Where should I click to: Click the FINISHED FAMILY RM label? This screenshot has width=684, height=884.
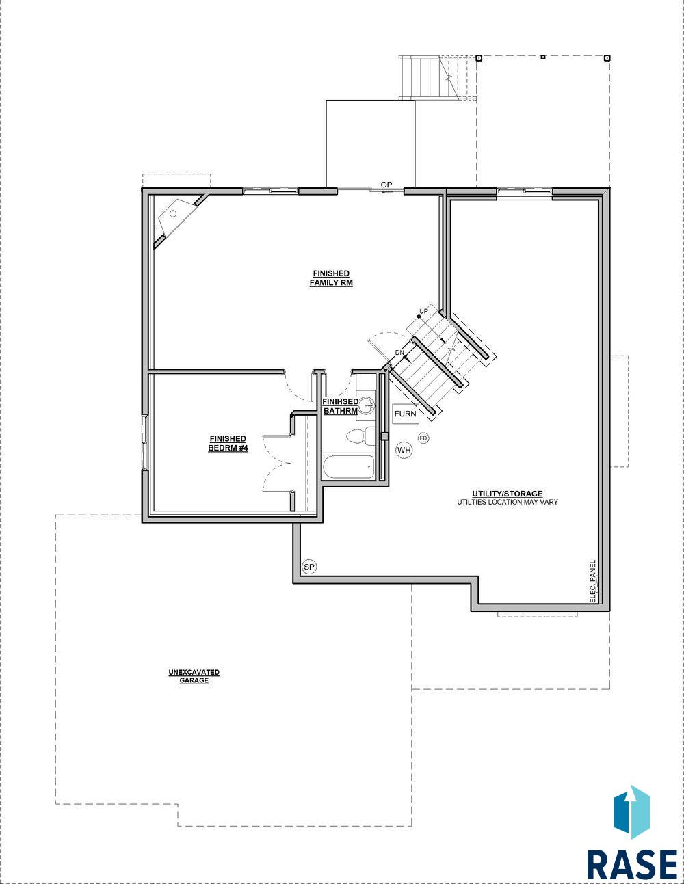pos(331,278)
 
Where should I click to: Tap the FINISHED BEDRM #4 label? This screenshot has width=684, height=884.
pos(228,444)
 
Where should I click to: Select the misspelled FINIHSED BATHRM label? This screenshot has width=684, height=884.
pos(341,406)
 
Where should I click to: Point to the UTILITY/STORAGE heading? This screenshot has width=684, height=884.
pos(508,494)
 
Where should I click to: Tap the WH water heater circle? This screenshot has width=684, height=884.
pos(404,450)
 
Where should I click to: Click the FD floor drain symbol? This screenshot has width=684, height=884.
pos(423,438)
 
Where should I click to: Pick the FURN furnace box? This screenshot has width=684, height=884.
pos(406,414)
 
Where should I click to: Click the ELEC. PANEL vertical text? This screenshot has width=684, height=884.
pos(592,582)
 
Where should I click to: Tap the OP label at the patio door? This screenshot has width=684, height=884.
pos(386,185)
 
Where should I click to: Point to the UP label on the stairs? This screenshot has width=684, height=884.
pos(424,311)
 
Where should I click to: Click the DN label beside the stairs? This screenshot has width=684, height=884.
pos(399,353)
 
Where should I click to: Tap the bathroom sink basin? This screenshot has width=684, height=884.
pos(367,405)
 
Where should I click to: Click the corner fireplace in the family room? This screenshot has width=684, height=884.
pos(177,219)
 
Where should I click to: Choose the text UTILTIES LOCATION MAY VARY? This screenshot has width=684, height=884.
pos(508,502)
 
